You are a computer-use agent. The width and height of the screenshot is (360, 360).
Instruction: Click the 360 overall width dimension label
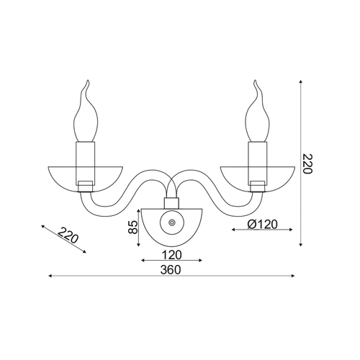tap(171, 270)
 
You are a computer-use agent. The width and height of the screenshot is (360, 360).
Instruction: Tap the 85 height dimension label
tap(133, 227)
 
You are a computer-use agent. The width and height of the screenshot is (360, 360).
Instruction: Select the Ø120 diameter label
tap(262, 225)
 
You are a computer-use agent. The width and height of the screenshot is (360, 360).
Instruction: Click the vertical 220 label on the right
tap(307, 163)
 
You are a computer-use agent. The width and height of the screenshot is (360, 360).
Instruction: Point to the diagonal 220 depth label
tap(68, 235)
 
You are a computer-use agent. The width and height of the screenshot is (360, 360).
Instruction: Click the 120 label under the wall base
tap(171, 255)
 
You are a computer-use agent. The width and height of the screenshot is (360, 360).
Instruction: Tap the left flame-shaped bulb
tap(86, 111)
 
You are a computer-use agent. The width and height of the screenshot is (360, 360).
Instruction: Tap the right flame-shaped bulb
tap(258, 111)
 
